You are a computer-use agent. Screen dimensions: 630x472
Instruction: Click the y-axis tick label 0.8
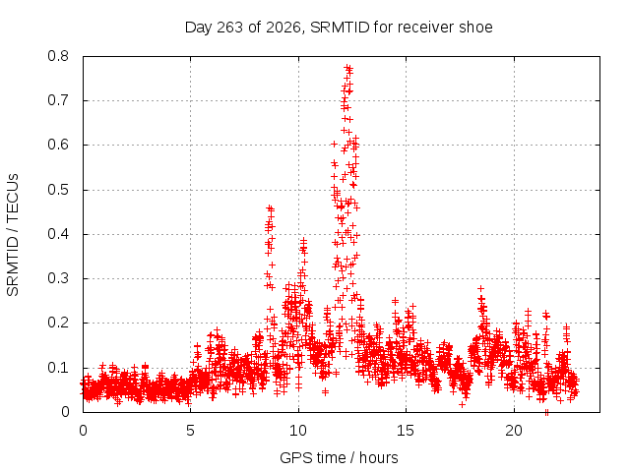(58, 56)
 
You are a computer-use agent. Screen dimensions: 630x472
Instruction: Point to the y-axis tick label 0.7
(58, 100)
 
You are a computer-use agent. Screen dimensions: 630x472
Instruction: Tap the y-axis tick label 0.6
(58, 145)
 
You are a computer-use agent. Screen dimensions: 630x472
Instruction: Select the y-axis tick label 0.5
(58, 190)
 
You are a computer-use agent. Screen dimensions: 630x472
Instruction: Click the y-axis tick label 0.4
(58, 234)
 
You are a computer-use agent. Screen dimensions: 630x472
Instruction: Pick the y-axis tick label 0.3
(58, 278)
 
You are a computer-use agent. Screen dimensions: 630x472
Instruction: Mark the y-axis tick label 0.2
(58, 323)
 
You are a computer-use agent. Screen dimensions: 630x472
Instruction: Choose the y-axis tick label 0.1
(58, 367)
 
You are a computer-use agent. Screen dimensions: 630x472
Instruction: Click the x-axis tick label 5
(190, 431)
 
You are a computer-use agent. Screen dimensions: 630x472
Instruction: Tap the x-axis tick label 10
(298, 431)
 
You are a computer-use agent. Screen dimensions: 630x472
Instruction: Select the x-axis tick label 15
(406, 431)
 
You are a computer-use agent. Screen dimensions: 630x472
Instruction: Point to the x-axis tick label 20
(514, 431)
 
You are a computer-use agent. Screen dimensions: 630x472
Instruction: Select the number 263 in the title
(229, 28)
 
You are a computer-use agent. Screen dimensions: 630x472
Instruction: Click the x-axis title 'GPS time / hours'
(339, 457)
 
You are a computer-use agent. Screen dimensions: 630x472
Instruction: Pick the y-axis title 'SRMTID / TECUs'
(13, 235)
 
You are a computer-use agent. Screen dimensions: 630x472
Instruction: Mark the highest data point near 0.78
(347, 68)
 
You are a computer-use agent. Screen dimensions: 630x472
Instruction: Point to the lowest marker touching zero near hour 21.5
(546, 412)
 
